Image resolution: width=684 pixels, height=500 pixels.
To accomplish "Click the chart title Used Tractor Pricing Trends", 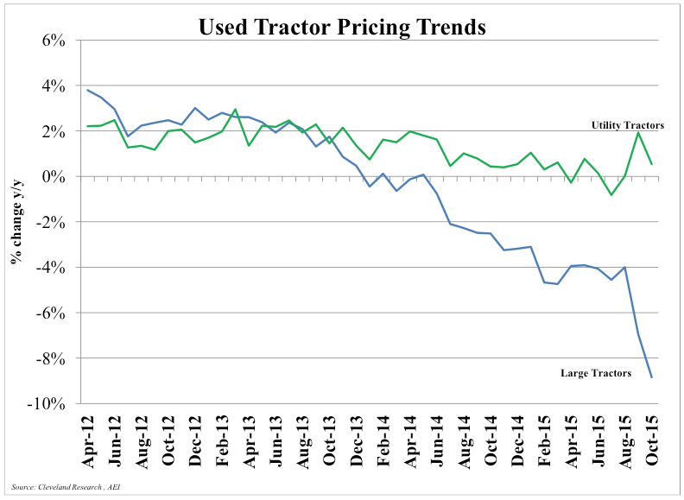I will pos(342,27).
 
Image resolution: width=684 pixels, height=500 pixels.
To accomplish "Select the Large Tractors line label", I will pos(596,373).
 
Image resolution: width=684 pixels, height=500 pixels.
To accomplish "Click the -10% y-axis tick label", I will pos(48,403).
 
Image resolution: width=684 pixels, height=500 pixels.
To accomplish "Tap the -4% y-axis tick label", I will pos(52,268).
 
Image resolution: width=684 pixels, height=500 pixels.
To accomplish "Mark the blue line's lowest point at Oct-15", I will pos(651,377).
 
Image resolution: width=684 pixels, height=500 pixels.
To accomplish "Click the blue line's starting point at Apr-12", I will pos(88,90).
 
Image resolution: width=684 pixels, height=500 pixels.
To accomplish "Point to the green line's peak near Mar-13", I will pos(236,110).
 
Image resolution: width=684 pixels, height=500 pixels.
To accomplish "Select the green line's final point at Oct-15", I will pos(651,164).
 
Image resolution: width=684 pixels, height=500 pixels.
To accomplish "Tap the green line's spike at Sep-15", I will pos(637,132).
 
